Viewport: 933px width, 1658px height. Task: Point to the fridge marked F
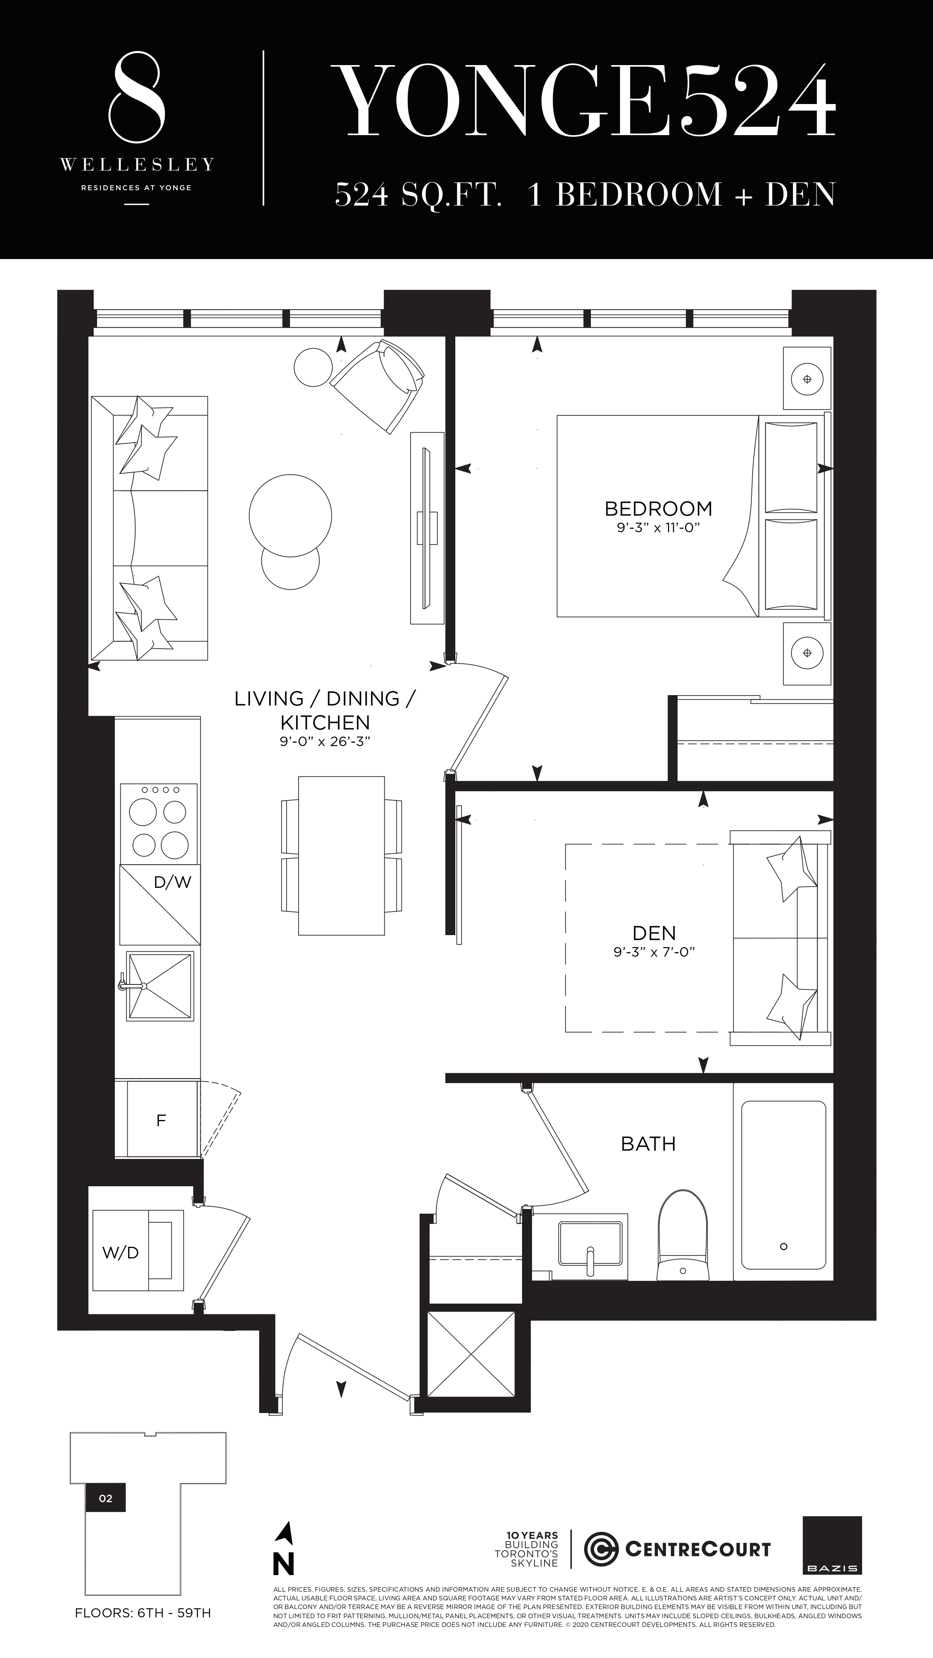click(x=161, y=1120)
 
